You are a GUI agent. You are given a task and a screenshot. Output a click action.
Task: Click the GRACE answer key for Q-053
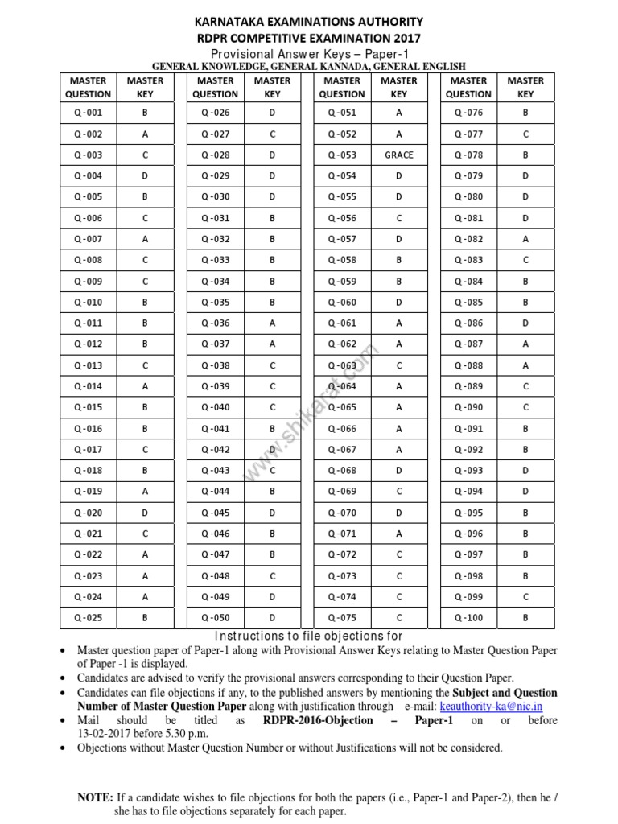(398, 155)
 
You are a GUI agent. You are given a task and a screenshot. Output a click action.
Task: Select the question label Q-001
(88, 113)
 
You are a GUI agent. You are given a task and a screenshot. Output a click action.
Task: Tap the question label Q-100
(468, 618)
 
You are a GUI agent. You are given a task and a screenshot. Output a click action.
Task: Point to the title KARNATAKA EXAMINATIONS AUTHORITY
(309, 22)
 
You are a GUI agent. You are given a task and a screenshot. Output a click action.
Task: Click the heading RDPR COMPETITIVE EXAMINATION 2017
(309, 38)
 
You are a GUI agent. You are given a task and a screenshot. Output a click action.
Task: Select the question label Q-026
(215, 113)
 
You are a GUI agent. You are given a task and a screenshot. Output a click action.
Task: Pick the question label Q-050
(215, 618)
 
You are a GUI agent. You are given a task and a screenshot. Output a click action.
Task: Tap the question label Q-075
(342, 618)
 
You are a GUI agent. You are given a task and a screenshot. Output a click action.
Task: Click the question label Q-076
(468, 113)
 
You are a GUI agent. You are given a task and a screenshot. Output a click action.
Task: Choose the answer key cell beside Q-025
(145, 618)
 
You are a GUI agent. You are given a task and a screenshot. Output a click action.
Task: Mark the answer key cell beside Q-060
(398, 303)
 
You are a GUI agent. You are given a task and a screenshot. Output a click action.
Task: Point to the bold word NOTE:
(95, 797)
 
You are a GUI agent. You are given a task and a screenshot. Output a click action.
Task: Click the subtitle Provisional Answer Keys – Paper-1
(309, 52)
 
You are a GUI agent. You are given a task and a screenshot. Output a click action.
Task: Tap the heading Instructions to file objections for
(309, 637)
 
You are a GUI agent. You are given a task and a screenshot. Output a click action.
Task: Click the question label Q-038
(215, 365)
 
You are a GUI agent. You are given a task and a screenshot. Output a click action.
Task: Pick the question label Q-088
(468, 365)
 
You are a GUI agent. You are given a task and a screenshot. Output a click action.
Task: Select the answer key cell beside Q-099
(525, 597)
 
